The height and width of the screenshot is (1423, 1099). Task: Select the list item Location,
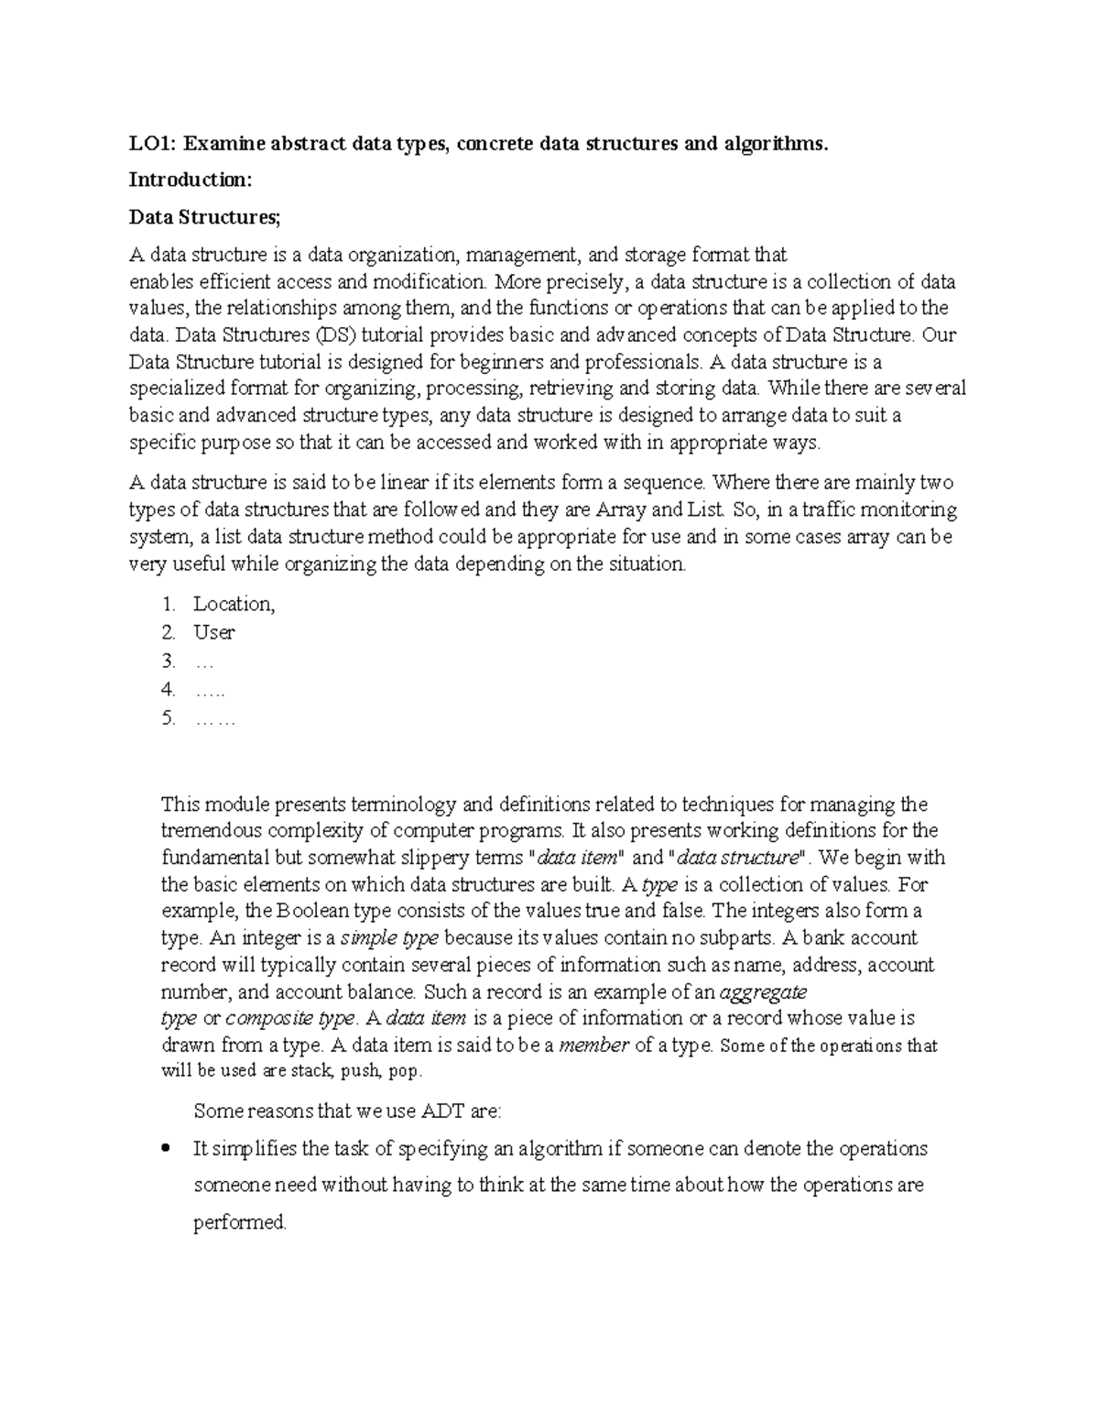(234, 604)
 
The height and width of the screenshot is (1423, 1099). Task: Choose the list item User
(213, 632)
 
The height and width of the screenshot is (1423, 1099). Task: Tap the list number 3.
(167, 661)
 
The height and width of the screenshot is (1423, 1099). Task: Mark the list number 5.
(167, 718)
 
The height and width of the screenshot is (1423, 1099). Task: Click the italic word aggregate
(764, 991)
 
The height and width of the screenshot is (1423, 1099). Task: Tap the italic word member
(593, 1045)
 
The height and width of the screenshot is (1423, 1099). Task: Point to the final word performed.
(240, 1222)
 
